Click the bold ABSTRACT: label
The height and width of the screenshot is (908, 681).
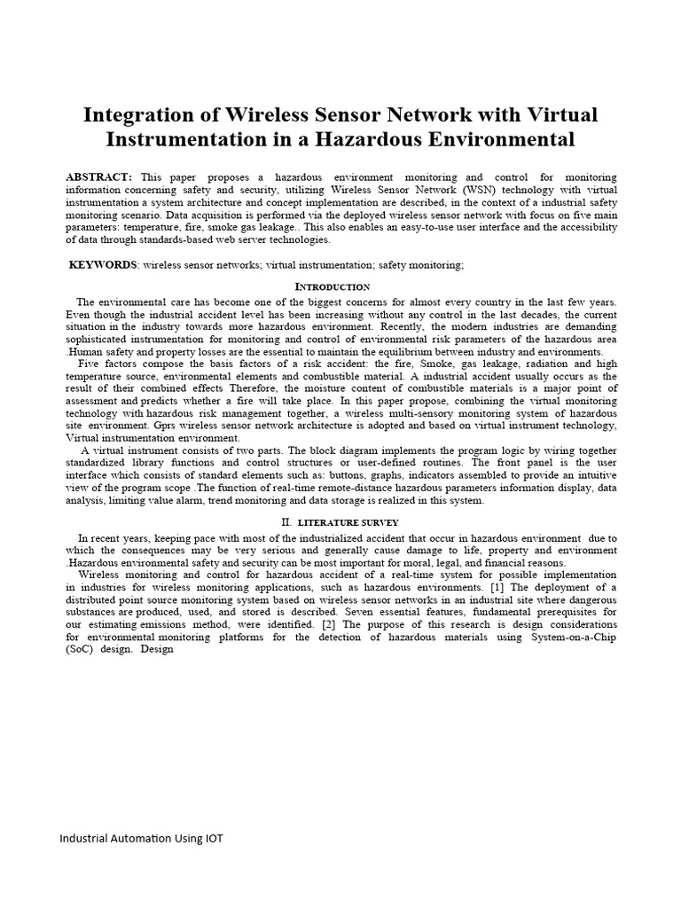[x=99, y=178]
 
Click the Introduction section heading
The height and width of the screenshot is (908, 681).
[x=332, y=287]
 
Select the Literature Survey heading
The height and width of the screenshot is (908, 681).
[x=348, y=523]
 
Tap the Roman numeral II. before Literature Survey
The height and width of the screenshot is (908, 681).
[x=286, y=523]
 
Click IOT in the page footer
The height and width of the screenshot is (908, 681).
[x=211, y=839]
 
